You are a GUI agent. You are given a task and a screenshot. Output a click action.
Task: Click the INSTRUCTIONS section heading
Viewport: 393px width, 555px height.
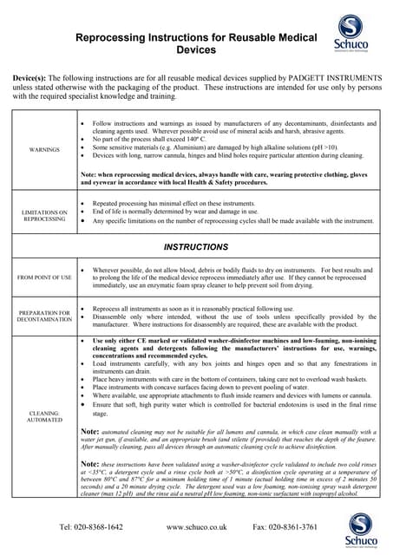195,247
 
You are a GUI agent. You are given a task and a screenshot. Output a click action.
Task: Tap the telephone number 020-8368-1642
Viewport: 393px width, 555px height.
91,526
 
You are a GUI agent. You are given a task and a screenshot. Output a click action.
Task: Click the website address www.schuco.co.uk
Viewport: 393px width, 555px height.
196,526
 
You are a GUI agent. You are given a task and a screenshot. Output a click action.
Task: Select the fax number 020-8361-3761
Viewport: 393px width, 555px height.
285,526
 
